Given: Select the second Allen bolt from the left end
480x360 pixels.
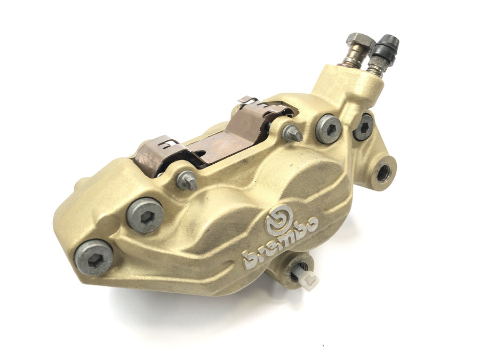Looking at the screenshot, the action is pyautogui.click(x=145, y=215).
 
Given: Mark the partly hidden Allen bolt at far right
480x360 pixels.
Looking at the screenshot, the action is pyautogui.click(x=364, y=126).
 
